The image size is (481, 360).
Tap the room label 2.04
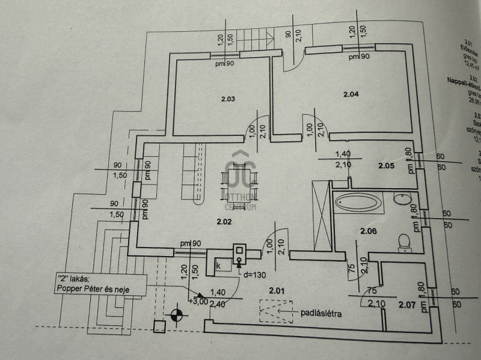(351, 94)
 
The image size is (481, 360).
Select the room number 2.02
(224, 222)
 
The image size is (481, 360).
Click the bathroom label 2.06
(368, 231)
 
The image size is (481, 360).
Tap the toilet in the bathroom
(403, 241)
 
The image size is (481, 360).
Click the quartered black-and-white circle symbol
(175, 313)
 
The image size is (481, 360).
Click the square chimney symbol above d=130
(239, 250)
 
